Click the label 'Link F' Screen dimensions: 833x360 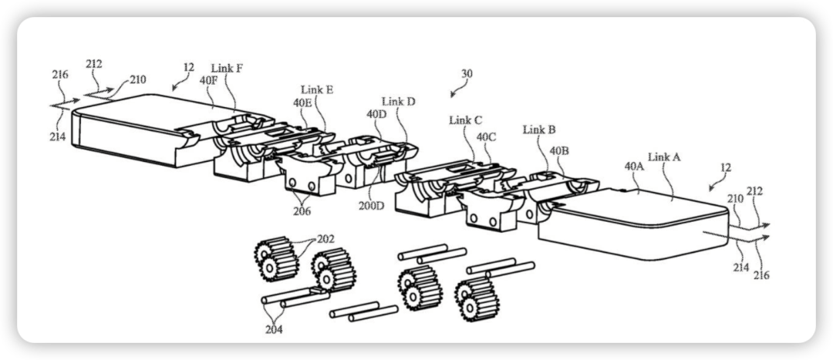227,69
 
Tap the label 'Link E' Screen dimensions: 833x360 317,89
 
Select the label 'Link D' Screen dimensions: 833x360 398,102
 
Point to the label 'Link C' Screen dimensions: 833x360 465,120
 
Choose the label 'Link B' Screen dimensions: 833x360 539,130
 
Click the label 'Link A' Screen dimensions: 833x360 664,157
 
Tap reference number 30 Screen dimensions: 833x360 466,74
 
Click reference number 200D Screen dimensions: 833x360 371,206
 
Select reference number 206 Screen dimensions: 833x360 302,211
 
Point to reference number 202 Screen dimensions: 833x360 325,240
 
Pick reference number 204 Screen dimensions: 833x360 274,330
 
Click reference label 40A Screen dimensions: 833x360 633,167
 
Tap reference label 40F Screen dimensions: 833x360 208,80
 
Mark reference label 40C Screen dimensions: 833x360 486,137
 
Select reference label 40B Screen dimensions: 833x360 559,151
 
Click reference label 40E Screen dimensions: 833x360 302,103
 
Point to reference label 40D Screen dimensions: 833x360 376,114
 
